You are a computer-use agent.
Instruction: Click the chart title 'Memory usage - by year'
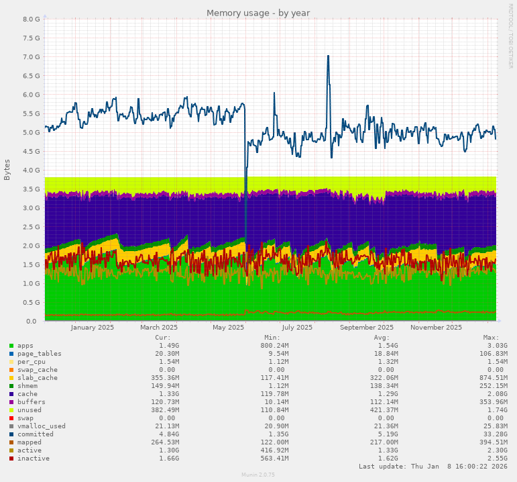[258, 13]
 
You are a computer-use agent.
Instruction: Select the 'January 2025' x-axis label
[93, 328]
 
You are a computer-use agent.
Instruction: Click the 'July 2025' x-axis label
[297, 328]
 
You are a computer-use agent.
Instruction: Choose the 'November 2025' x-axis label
[436, 328]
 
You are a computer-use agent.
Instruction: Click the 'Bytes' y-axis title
[7, 170]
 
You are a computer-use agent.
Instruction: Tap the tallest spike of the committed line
[328, 56]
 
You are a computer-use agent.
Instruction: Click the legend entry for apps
[25, 346]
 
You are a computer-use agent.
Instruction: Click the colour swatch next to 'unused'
[11, 410]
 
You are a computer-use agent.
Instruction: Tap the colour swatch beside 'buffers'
[11, 402]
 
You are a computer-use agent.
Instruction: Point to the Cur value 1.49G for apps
[163, 346]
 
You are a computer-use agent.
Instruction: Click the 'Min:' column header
[272, 337]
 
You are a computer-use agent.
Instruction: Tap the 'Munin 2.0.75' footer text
[258, 475]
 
